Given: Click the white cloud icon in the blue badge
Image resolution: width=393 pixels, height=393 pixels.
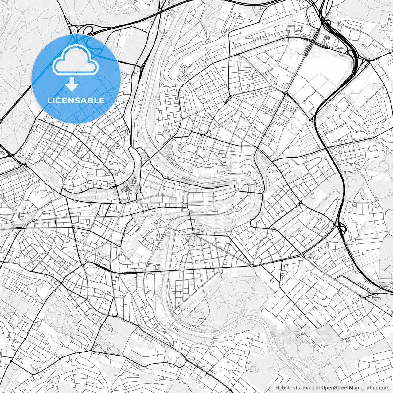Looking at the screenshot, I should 76,60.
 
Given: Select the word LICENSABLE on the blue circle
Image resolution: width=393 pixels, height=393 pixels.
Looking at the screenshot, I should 76,100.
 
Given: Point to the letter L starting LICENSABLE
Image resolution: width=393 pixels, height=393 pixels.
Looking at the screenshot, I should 49,100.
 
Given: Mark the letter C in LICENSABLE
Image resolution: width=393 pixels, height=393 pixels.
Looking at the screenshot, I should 58,100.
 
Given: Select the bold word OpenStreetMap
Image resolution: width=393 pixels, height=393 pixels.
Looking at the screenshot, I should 340,388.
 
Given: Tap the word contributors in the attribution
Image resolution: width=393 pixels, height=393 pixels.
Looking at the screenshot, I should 375,388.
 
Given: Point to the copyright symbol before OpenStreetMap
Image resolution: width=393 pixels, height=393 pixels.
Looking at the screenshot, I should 318,388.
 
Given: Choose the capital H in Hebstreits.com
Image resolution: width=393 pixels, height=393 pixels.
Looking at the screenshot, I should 277,388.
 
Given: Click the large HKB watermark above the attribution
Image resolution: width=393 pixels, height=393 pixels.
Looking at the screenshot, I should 302,333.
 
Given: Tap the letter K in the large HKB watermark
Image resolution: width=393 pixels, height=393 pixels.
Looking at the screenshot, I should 302,333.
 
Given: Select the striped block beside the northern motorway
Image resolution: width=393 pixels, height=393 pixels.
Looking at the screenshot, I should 325,39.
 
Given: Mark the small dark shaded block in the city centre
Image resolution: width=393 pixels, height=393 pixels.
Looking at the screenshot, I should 127,188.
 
